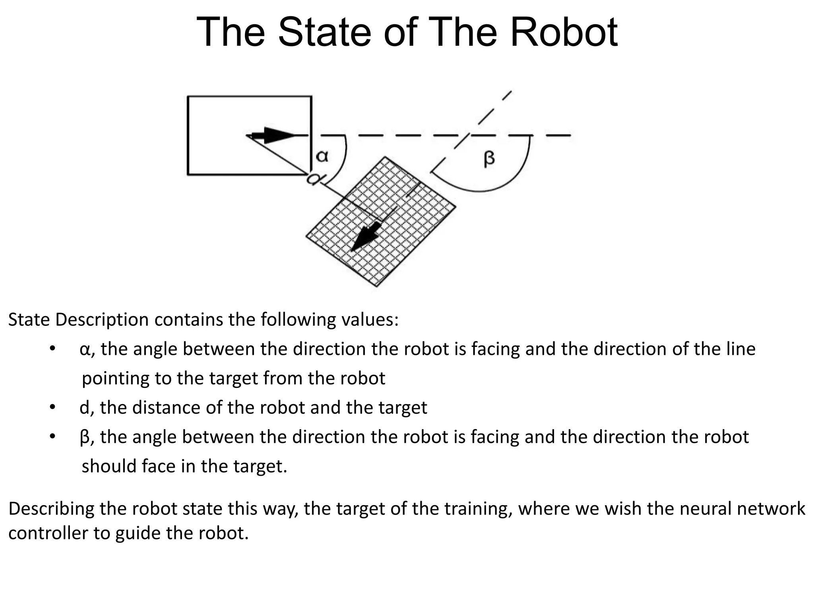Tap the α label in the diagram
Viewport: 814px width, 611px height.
pos(322,156)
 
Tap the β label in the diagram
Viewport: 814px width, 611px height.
pos(489,158)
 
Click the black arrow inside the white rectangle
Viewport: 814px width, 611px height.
pos(274,136)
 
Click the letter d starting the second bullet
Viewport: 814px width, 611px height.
pos(85,408)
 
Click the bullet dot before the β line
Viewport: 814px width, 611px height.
pos(52,437)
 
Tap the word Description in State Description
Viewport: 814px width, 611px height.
pos(102,319)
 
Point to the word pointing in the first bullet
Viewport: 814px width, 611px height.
pos(116,378)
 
